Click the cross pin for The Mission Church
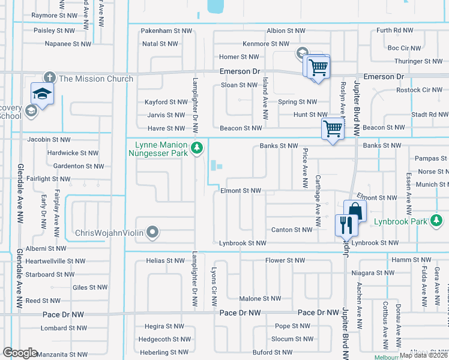49,79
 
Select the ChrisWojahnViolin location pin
152,232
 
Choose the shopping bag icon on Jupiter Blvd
355,211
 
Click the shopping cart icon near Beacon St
331,128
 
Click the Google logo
20,353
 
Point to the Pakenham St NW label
166,30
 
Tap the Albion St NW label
285,30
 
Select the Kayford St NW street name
166,102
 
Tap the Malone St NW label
259,298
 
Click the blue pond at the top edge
213,7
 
